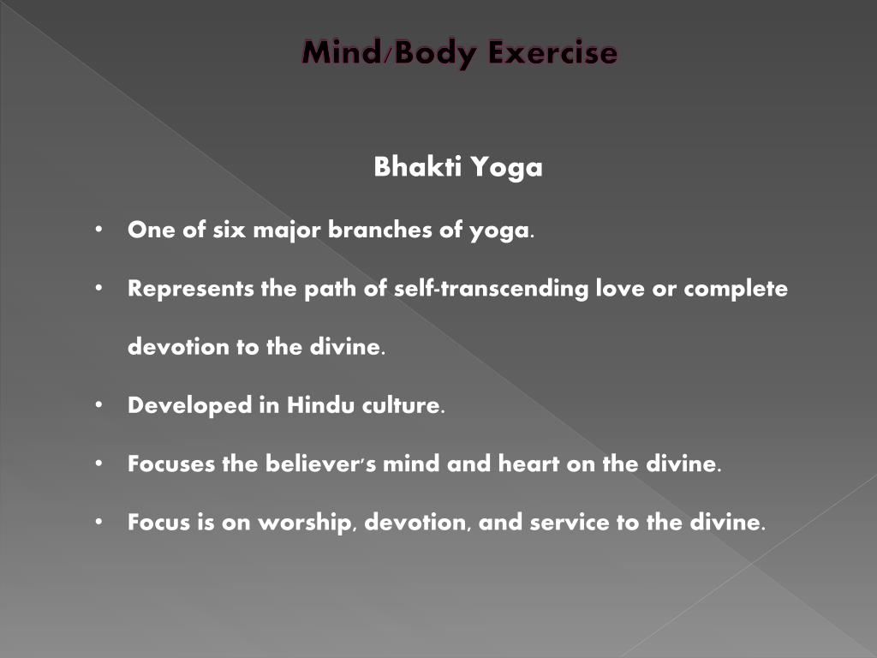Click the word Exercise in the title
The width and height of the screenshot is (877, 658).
coord(553,53)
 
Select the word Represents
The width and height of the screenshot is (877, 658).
coord(190,289)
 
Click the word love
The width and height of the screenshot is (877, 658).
coord(624,289)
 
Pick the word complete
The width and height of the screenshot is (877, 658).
coord(736,289)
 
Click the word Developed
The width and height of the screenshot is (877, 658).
coord(189,405)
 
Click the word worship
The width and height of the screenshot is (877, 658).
coord(300,522)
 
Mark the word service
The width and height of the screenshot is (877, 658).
coord(570,522)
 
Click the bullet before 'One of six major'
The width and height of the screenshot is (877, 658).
coord(100,230)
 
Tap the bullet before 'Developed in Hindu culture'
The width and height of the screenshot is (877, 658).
coord(100,404)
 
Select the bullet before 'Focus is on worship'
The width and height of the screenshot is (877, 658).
coord(100,522)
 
